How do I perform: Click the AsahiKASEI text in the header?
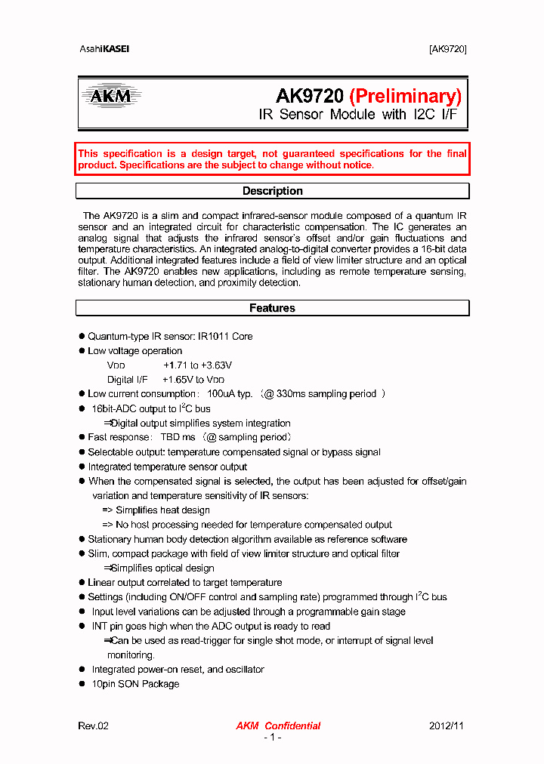[104, 49]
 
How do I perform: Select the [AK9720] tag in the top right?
[448, 49]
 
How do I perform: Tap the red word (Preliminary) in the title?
[405, 96]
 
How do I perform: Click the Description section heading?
[272, 191]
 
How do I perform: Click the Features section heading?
[272, 308]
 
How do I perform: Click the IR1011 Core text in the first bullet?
[225, 337]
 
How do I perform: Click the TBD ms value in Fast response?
[178, 437]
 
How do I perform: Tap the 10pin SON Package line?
[135, 684]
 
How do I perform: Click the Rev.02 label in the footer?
[94, 725]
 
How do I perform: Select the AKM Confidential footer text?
[278, 725]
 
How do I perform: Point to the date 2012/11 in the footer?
[447, 725]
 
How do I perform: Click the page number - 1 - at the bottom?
[272, 738]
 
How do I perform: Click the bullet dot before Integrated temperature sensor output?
[82, 467]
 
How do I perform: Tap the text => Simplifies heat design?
[156, 510]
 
